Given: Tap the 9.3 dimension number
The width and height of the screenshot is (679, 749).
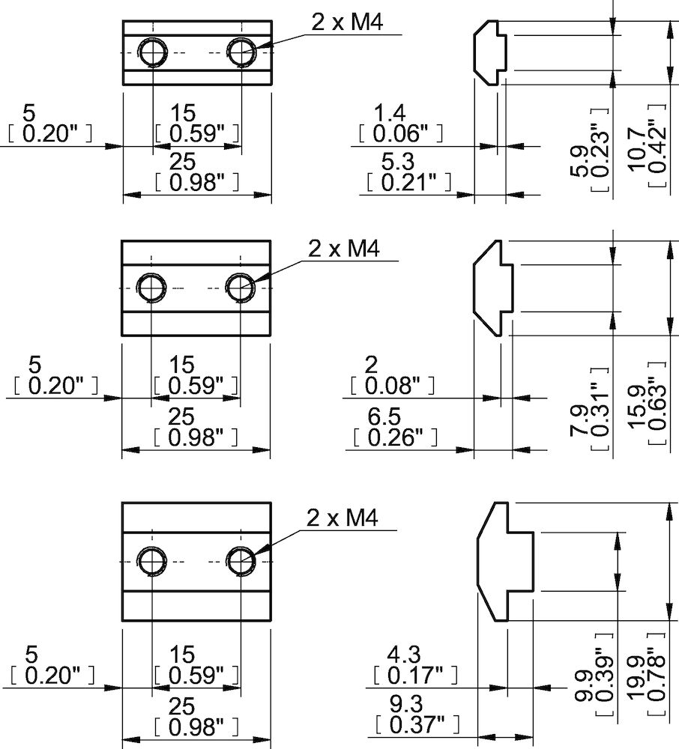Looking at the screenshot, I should pos(405,703).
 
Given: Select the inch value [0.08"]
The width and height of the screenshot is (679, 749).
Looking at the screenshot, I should pos(391,386).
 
